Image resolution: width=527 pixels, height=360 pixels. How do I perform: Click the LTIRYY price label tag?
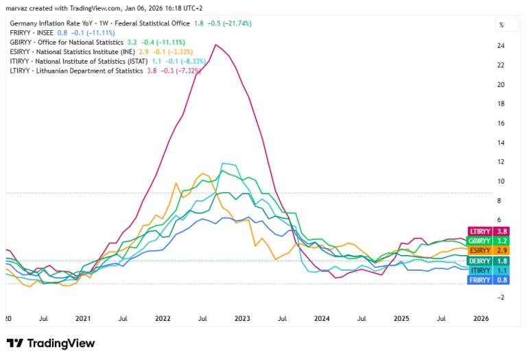click(489, 231)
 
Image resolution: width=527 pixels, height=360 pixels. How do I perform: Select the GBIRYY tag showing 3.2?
click(489, 241)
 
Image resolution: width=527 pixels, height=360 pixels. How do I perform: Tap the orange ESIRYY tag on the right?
click(489, 250)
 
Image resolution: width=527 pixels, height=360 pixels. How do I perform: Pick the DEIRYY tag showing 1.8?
click(489, 261)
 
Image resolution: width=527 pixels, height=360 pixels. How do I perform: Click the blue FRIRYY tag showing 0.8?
click(489, 280)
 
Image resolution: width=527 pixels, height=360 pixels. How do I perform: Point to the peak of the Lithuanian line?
click(215, 45)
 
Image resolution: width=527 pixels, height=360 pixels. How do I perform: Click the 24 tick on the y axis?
click(501, 46)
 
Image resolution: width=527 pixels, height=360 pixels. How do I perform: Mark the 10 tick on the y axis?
click(501, 181)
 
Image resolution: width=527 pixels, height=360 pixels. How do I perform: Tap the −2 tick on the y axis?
click(500, 297)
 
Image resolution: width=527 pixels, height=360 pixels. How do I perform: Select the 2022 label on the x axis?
click(163, 318)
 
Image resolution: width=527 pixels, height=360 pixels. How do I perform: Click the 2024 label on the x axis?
click(322, 318)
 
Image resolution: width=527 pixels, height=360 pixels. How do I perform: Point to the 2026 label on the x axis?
click(481, 318)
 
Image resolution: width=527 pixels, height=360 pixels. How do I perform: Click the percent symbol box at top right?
click(506, 25)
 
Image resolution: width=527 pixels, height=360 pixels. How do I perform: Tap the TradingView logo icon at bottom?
click(15, 344)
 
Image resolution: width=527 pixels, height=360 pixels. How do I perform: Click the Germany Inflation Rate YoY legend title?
click(51, 23)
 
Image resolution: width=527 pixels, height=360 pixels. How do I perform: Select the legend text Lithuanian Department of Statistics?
click(89, 71)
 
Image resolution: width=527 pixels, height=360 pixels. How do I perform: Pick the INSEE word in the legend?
click(45, 33)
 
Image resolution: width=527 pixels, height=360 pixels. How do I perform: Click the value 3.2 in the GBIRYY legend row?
click(132, 43)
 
